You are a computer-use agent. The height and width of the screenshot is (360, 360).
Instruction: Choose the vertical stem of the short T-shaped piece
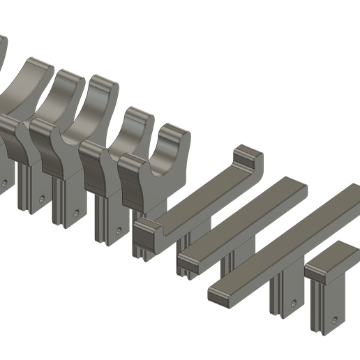click(325, 307)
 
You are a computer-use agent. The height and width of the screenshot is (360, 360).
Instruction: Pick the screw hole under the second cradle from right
click(119, 228)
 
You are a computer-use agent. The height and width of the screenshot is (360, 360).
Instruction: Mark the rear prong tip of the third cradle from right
click(105, 82)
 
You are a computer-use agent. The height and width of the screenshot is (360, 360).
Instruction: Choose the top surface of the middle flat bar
click(244, 218)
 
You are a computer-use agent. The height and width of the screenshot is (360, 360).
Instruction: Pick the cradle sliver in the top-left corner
click(3, 49)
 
